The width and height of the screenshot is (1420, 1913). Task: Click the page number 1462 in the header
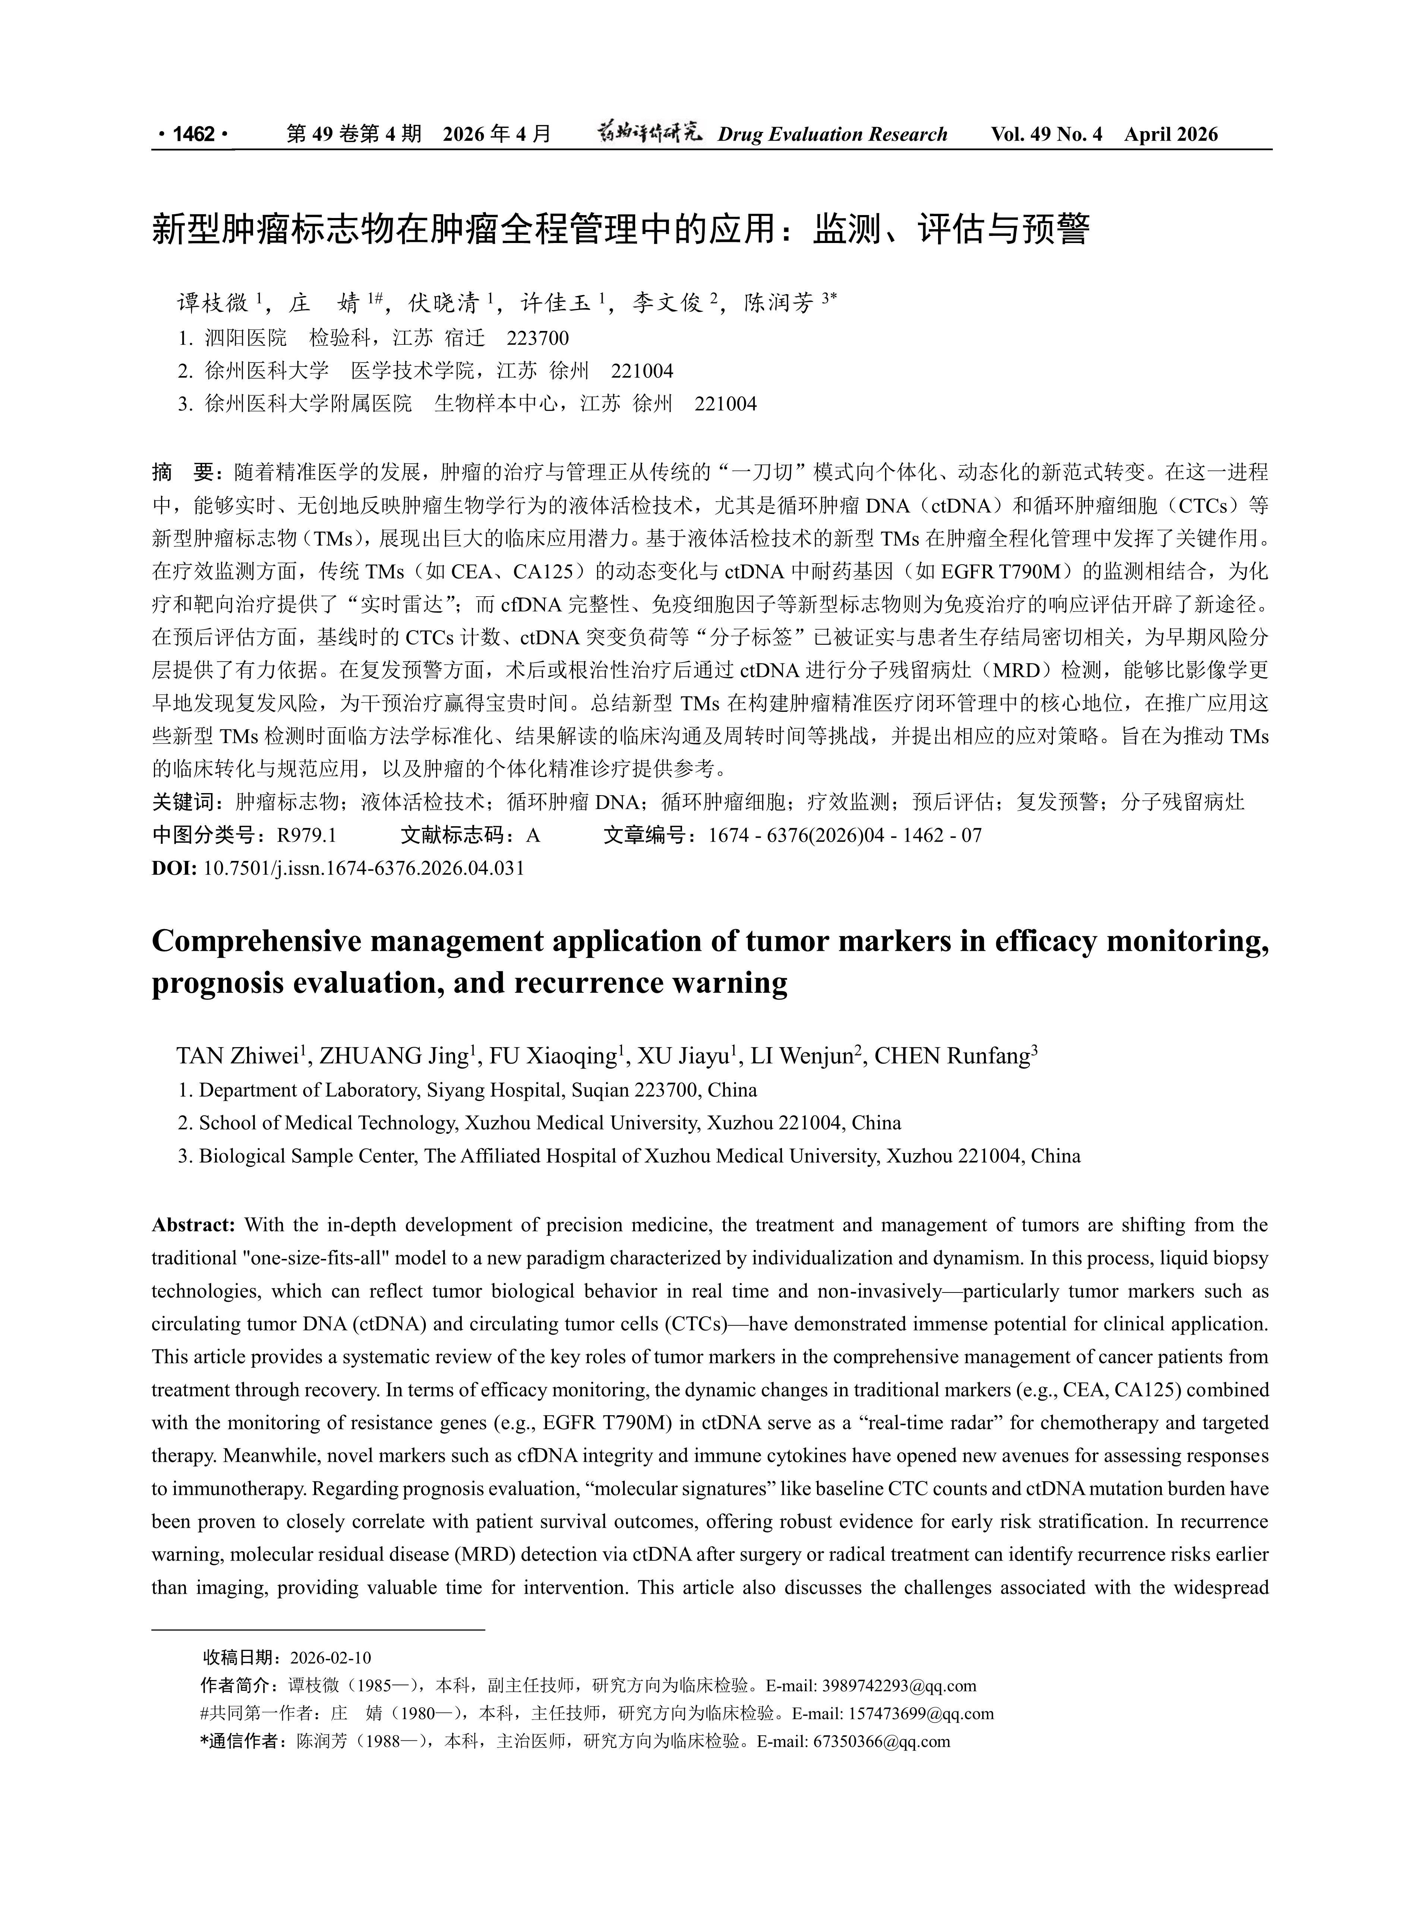[193, 134]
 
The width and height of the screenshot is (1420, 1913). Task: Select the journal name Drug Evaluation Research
[832, 134]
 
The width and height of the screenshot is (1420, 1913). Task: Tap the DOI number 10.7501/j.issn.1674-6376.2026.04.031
[364, 867]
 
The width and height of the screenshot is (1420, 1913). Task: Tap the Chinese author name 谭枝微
[212, 303]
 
